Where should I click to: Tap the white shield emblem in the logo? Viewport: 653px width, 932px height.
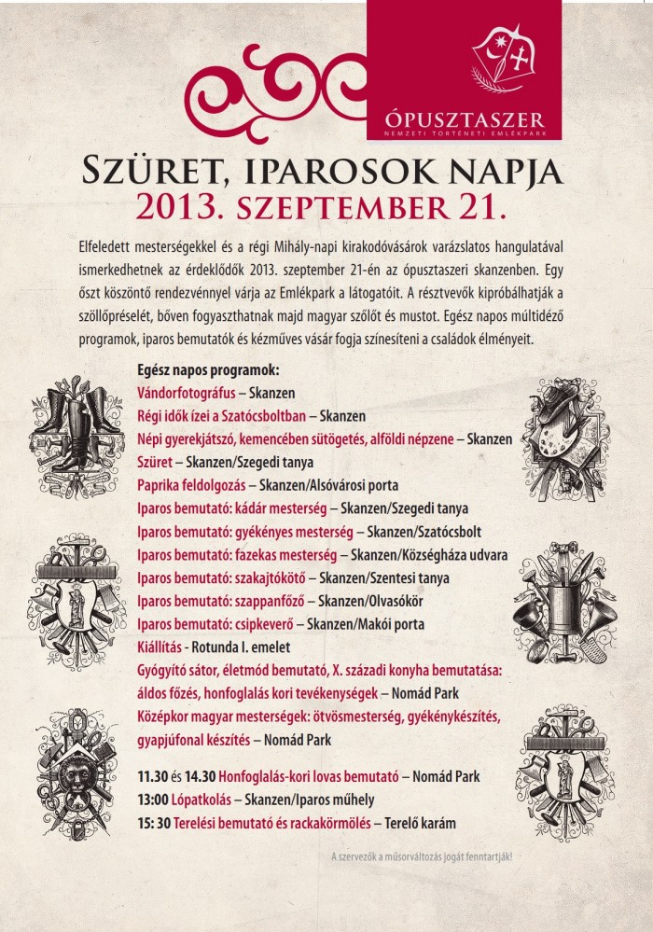click(x=509, y=56)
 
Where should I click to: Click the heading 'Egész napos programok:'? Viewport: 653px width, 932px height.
click(x=208, y=370)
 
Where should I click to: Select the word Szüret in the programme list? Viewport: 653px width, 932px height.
click(x=156, y=462)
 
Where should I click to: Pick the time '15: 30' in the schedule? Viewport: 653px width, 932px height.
click(x=155, y=823)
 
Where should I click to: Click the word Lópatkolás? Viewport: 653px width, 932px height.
click(x=198, y=800)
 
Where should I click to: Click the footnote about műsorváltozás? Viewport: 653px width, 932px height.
click(x=422, y=856)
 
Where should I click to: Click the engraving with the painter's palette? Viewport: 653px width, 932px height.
click(x=566, y=436)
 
